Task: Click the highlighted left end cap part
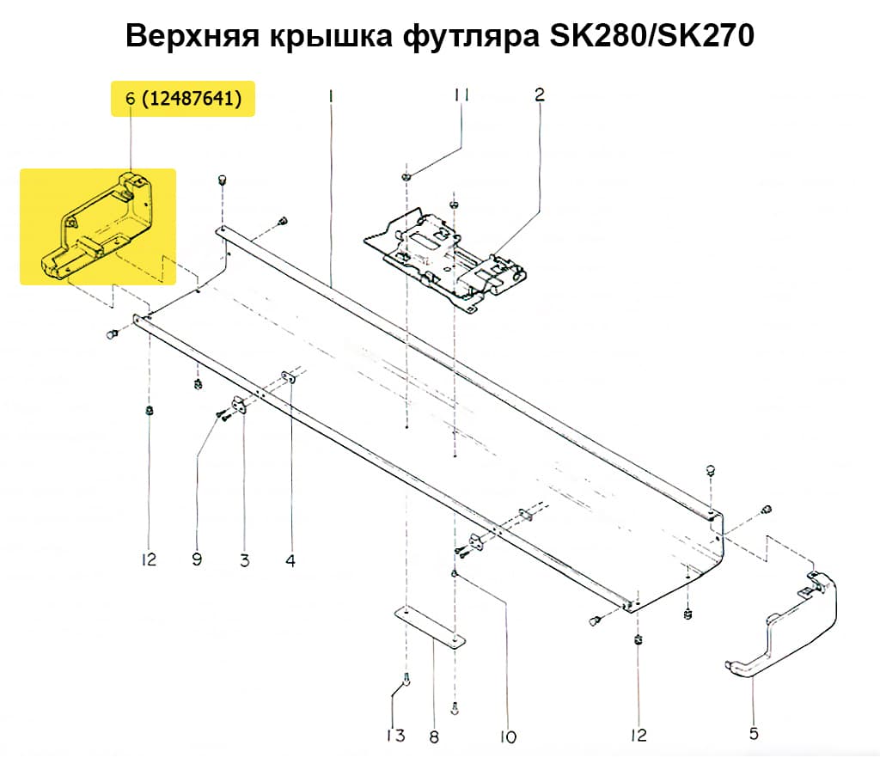click(x=99, y=225)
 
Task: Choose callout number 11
click(x=461, y=95)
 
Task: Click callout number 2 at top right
click(x=539, y=95)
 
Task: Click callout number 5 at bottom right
click(x=754, y=734)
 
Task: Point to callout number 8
click(x=433, y=736)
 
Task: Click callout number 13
click(x=394, y=736)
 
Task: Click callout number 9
click(x=197, y=560)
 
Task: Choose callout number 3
click(x=244, y=560)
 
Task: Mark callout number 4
click(x=290, y=560)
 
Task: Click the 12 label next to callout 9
click(x=149, y=560)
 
